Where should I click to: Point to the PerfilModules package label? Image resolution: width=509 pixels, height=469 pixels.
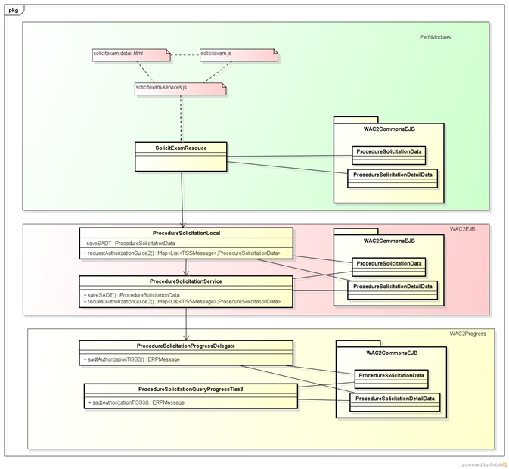436,37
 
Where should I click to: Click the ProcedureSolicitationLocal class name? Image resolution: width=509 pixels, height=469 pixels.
186,233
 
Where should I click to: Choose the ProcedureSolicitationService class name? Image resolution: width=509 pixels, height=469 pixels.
186,281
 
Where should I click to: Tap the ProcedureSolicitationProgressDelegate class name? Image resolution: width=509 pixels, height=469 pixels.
186,346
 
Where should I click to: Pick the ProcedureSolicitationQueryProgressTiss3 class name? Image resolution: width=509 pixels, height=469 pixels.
191,389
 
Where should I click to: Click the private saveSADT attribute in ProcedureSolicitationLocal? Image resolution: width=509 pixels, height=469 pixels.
129,243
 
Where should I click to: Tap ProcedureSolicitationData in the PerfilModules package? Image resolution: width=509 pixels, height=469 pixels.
389,151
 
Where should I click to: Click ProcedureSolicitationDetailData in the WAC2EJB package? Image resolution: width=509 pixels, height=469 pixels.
393,286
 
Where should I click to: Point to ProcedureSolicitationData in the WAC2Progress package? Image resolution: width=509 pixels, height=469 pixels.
391,375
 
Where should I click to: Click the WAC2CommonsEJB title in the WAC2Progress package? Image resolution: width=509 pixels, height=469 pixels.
391,353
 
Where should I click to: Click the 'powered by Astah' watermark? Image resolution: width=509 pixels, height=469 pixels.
483,464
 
